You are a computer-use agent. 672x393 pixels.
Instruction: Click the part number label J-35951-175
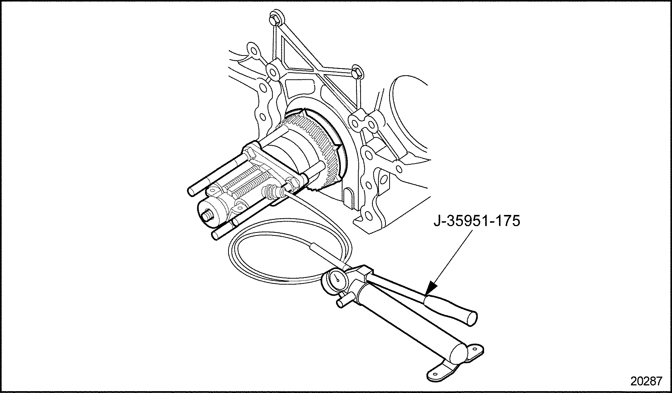pos(477,221)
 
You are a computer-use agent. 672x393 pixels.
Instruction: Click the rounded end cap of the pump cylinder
pos(457,355)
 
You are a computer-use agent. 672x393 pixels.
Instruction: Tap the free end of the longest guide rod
pos(191,191)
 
